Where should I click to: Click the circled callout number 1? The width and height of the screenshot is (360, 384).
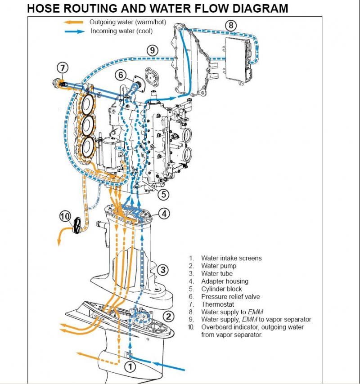(130, 367)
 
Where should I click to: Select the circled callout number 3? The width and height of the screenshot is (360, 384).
(163, 270)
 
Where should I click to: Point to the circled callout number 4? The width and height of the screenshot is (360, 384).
(165, 214)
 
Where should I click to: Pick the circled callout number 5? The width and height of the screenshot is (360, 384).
(163, 195)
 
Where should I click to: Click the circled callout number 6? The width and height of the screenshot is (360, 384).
(121, 75)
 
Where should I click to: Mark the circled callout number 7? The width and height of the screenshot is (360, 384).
(63, 68)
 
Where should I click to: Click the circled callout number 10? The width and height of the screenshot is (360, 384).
(66, 216)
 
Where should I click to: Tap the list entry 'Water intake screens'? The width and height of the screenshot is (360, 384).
(231, 258)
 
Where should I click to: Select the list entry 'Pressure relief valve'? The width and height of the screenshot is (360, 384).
(230, 297)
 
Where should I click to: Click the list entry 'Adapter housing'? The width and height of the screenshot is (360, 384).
(225, 281)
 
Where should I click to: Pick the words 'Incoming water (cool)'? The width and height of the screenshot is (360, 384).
(121, 31)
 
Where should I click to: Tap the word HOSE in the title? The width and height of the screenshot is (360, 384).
(42, 8)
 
